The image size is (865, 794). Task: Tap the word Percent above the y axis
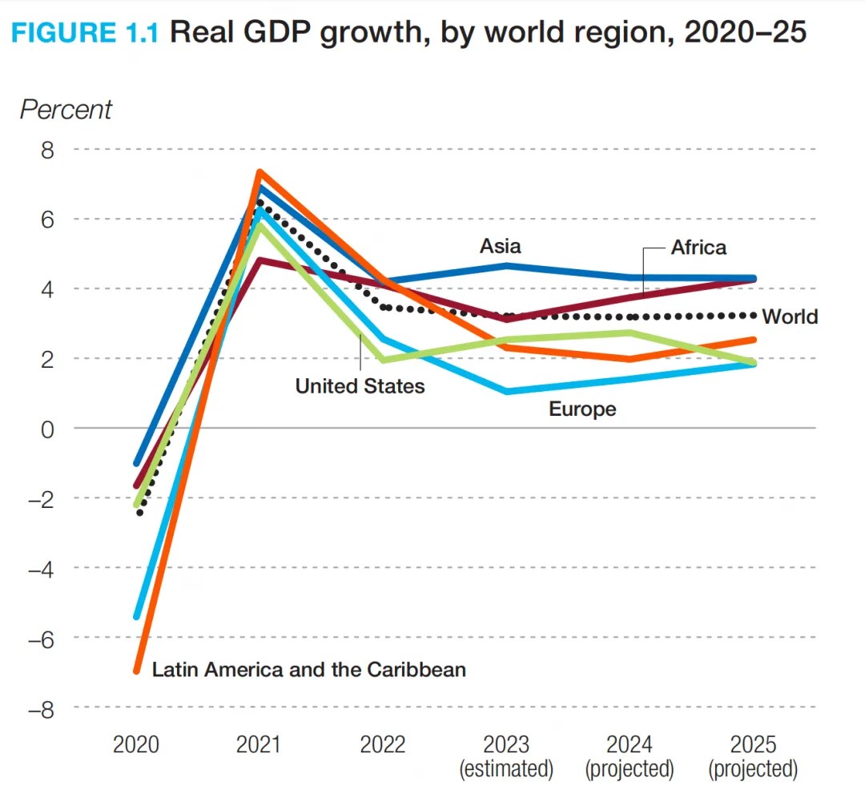66,110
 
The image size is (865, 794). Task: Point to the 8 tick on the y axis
48,150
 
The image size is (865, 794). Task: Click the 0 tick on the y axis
48,429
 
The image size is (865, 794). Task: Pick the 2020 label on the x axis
136,744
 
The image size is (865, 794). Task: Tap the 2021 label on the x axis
259,744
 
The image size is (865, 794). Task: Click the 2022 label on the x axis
383,744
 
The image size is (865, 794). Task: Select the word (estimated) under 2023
506,770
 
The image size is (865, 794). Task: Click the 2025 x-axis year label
754,744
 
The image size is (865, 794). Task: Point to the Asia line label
501,246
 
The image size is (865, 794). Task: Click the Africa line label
698,247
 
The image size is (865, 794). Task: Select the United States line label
360,386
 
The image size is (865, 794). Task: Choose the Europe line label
582,409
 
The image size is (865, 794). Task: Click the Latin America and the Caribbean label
309,669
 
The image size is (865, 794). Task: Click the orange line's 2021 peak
259,172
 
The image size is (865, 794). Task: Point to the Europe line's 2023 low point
507,391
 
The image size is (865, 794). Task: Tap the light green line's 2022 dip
383,360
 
